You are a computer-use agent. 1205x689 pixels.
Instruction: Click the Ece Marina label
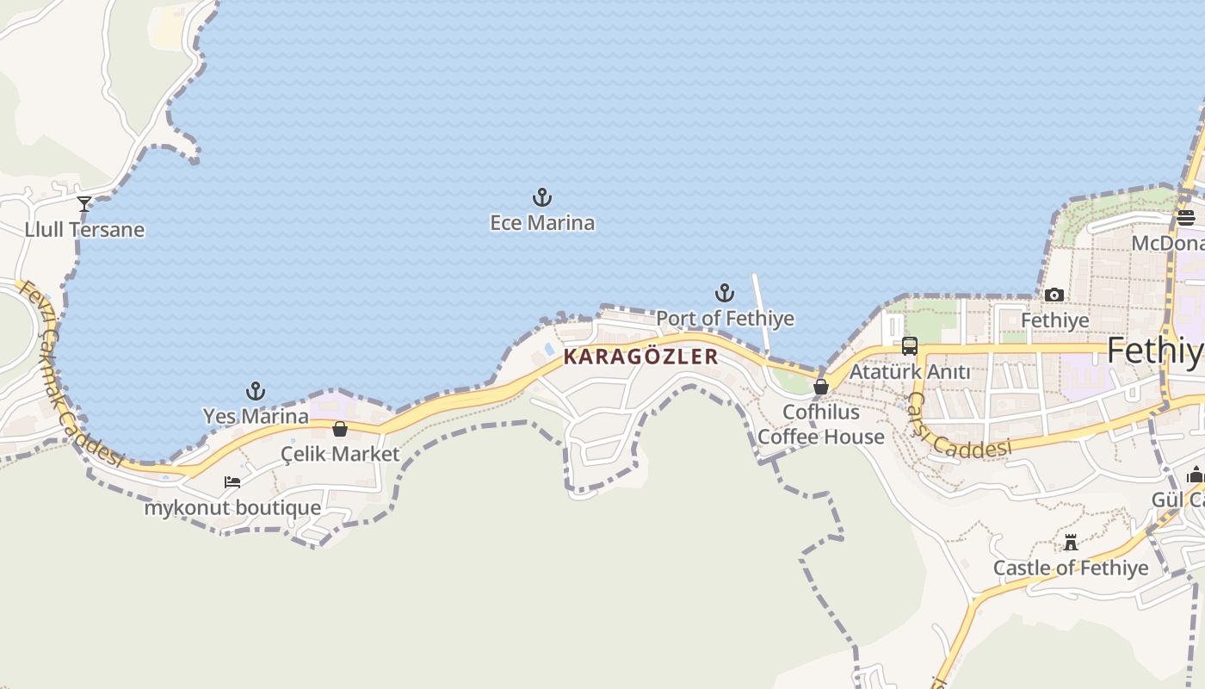click(542, 223)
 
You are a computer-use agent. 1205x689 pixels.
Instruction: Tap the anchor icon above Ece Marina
click(541, 197)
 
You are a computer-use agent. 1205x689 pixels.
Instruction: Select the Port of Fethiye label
click(725, 319)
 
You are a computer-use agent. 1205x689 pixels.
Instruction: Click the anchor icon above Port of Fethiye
click(725, 293)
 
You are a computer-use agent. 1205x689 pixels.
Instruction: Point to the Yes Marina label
click(256, 416)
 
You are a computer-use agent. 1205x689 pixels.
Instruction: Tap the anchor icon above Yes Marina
click(256, 391)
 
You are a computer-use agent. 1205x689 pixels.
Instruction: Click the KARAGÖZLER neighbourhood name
click(640, 357)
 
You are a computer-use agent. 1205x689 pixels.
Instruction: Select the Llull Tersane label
click(84, 230)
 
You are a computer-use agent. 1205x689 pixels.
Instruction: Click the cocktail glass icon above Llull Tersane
click(84, 204)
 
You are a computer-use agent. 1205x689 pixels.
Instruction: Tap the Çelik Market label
click(340, 454)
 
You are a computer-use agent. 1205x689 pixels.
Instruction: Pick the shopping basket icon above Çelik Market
click(340, 429)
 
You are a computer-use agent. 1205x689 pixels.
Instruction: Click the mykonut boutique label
click(232, 507)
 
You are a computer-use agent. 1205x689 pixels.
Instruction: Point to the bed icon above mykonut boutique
click(232, 482)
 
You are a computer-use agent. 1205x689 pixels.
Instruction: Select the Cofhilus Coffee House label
click(820, 425)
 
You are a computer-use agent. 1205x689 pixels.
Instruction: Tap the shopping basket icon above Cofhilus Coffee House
click(821, 387)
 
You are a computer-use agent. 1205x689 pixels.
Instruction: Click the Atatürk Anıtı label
click(910, 372)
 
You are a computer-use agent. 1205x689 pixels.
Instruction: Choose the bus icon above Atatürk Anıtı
click(910, 346)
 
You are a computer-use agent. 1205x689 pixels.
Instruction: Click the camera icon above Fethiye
click(1054, 295)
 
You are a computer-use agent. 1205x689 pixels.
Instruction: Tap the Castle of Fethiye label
click(1071, 568)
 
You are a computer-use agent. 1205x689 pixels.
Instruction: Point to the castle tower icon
click(1071, 543)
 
